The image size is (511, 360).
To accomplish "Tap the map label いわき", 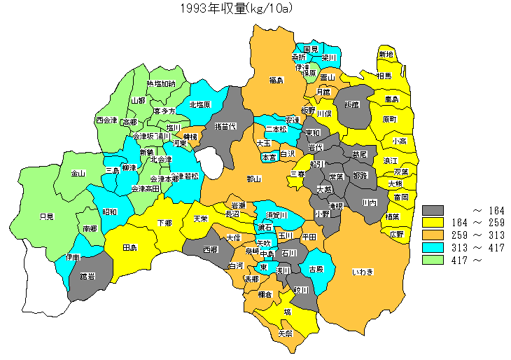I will click(362, 271).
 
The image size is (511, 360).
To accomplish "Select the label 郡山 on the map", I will click(253, 179).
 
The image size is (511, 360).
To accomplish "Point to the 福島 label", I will click(275, 81).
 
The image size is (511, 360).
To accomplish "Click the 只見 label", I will click(47, 216).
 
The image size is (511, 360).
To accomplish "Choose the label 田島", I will click(129, 248).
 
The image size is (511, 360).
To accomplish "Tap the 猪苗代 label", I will click(225, 126).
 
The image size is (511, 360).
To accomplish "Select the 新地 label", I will click(386, 55).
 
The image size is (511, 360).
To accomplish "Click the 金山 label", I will click(78, 173).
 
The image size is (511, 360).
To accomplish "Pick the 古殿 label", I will click(316, 269).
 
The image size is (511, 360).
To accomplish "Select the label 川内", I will click(370, 202).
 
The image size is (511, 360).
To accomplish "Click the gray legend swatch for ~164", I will click(433, 210).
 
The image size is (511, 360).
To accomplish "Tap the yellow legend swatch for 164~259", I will click(433, 223).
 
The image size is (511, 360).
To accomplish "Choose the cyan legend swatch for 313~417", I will click(433, 248).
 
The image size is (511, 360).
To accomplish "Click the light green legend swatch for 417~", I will click(433, 261).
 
